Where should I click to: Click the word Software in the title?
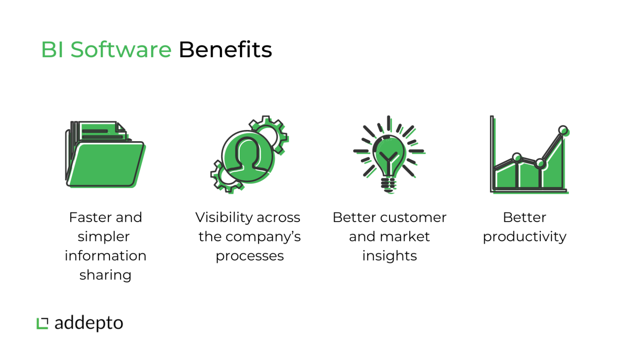pos(121,50)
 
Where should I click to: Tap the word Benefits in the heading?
pos(225,50)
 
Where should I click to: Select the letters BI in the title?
pos(52,50)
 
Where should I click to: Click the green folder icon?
pos(105,154)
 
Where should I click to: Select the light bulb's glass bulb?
pos(389,156)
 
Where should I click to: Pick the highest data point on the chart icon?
pos(563,130)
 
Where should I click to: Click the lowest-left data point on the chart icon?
pos(517,157)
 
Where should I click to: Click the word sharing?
pos(105,275)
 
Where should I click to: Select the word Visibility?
pos(222,218)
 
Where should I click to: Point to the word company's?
pos(263,237)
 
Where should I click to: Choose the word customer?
pos(412,217)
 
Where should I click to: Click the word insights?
pos(390,256)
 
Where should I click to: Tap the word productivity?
pos(525,237)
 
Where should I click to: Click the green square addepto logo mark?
pos(42,323)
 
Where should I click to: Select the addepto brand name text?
pos(89,323)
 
